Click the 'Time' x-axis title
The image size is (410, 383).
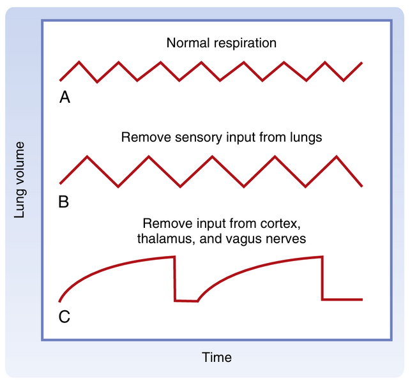pyautogui.click(x=216, y=357)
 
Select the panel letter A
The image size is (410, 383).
pyautogui.click(x=65, y=98)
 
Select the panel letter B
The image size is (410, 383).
pyautogui.click(x=64, y=203)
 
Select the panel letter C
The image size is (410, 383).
pyautogui.click(x=65, y=316)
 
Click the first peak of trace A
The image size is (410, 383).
pyautogui.click(x=79, y=62)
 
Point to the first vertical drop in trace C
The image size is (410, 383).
pyautogui.click(x=174, y=278)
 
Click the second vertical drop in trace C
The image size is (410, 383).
pyautogui.click(x=323, y=278)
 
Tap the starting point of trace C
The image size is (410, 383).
pyautogui.click(x=59, y=301)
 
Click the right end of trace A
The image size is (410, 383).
pyautogui.click(x=362, y=63)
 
